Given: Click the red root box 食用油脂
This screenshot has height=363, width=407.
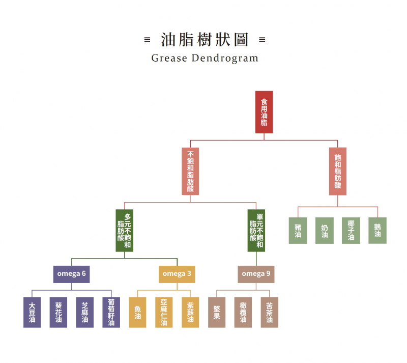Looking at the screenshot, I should coord(264,112).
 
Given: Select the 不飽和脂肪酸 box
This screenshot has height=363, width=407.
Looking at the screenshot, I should coord(190,172).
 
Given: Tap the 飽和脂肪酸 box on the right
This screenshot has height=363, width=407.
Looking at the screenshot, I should coord(338,172).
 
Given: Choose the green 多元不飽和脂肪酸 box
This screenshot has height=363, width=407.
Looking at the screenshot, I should coord(124,231).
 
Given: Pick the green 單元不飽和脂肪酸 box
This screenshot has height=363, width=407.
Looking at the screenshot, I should coord(256,231).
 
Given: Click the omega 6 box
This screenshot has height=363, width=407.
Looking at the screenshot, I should coord(72,274).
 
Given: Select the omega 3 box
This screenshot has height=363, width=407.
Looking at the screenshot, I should coord(177,274).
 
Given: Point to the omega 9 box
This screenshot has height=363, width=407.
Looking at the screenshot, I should coord(256,274).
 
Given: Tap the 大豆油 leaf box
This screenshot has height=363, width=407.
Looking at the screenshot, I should coord(32,312).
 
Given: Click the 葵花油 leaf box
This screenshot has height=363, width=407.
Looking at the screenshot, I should coord(59,312).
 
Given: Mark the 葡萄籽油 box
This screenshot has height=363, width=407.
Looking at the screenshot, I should coord(111,312).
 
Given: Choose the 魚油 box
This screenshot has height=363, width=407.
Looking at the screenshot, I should coord(137,312).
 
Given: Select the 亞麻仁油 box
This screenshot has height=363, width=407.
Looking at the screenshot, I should coord(164,312).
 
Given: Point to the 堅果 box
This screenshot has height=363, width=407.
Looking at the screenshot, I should coord(217,312).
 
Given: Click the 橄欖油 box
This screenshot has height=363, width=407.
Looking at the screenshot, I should coord(243,312).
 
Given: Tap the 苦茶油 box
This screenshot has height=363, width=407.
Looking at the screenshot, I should coord(270,312).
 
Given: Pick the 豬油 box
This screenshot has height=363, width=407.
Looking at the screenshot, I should coord(298,231).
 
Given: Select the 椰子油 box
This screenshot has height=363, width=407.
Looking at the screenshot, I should coord(351,231).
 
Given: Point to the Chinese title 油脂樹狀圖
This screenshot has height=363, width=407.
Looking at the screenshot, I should coord(205,39).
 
